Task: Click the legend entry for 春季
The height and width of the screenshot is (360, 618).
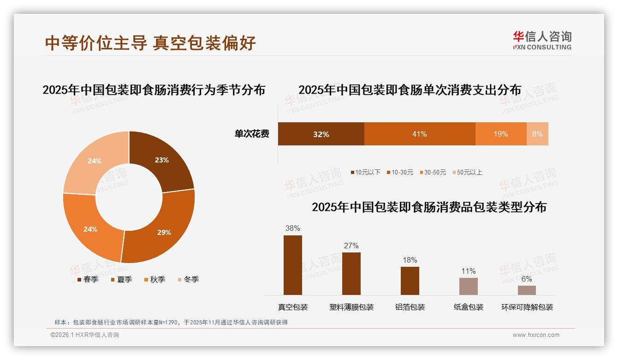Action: [x=87, y=279]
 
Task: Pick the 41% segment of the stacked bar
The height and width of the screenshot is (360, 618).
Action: [x=420, y=134]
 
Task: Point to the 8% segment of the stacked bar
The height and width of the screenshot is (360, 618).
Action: [x=537, y=134]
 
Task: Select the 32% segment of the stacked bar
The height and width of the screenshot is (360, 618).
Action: [x=321, y=134]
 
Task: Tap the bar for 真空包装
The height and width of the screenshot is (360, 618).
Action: [x=293, y=265]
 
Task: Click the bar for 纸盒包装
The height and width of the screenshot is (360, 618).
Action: [x=469, y=286]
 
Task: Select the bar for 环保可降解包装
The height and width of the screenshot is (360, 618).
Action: [x=527, y=290]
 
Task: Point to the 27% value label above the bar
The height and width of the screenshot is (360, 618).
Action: [x=351, y=246]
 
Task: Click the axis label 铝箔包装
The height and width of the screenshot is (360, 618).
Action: [x=410, y=307]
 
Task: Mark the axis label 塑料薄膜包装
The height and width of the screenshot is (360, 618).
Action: [x=351, y=307]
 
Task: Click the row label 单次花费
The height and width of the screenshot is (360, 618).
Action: [x=252, y=134]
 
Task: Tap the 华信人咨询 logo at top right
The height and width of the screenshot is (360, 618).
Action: [x=542, y=40]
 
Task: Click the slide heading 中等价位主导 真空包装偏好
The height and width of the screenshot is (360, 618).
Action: [x=150, y=43]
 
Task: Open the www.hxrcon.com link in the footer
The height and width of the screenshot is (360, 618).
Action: [x=536, y=335]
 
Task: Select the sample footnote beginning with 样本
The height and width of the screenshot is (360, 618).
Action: [x=171, y=322]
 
